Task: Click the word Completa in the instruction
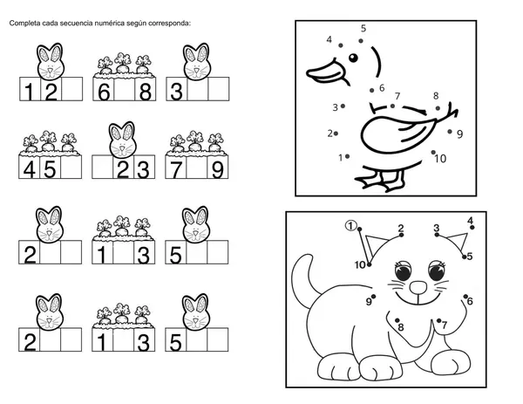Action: [x=25, y=24]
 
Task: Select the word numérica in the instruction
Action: [x=109, y=24]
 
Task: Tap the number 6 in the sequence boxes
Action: [x=104, y=91]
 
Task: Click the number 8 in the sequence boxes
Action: [x=145, y=91]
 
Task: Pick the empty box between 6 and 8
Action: [x=124, y=89]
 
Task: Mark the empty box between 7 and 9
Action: [x=197, y=167]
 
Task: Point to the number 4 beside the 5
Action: [x=30, y=169]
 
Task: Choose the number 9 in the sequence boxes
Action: [x=218, y=169]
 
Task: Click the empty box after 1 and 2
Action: [x=72, y=89]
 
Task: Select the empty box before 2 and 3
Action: [x=102, y=167]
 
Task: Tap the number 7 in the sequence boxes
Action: [x=176, y=169]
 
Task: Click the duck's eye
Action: [x=353, y=58]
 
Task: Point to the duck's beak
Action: [x=327, y=72]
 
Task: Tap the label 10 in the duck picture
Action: [x=440, y=159]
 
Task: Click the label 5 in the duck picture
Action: [x=363, y=29]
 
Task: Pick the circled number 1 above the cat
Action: [x=350, y=226]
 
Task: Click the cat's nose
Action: [x=418, y=287]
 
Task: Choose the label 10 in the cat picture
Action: [x=360, y=265]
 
